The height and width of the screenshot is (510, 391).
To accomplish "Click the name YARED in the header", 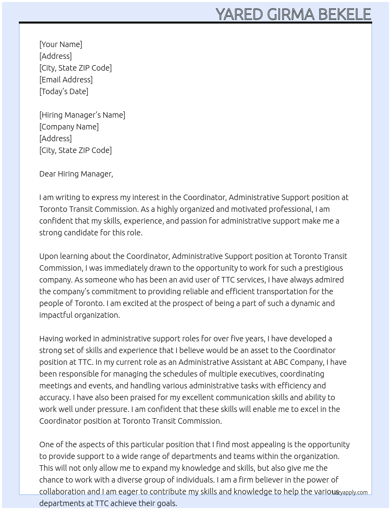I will (239, 15).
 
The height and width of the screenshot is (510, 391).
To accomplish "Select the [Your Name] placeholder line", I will (60, 44).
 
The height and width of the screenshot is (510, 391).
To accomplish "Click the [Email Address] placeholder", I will (66, 80).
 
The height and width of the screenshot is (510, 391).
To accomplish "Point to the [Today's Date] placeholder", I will (64, 91).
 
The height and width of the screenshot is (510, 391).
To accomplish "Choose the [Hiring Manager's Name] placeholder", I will (82, 115).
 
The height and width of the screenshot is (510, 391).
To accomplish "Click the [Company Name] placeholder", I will (69, 127).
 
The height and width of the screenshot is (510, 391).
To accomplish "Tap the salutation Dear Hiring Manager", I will (76, 174).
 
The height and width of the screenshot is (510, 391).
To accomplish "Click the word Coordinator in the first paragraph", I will (204, 197).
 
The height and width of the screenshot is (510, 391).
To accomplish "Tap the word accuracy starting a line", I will (55, 397).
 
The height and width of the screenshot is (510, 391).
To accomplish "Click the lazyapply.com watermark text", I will (350, 492).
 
